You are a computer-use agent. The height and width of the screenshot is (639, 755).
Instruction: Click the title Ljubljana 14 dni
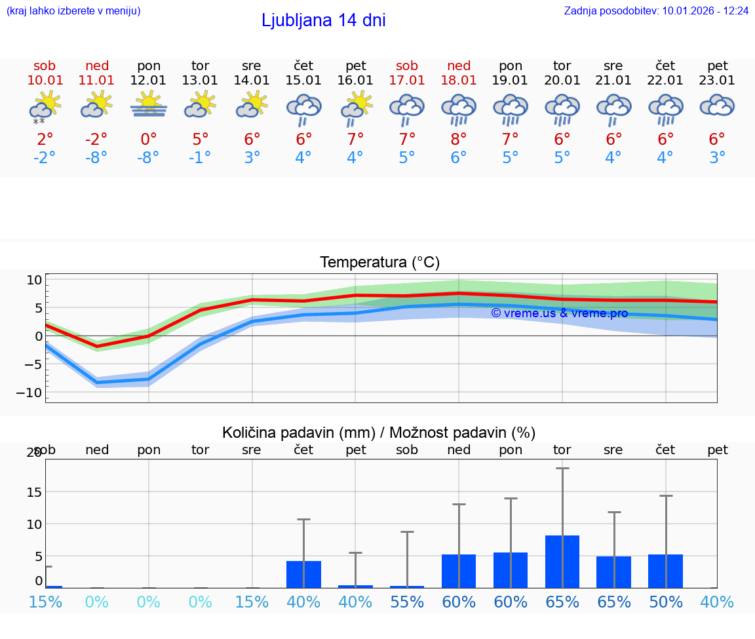pyautogui.click(x=323, y=20)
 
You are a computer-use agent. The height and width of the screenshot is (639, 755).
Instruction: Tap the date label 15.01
pyautogui.click(x=303, y=80)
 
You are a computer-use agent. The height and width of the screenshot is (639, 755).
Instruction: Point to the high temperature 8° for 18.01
pyautogui.click(x=459, y=139)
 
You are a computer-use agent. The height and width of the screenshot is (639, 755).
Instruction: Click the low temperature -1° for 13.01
pyautogui.click(x=201, y=158)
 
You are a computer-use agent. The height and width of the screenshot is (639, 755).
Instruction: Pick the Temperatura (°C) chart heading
pyautogui.click(x=379, y=262)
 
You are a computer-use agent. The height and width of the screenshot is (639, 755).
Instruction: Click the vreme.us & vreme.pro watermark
pyautogui.click(x=559, y=313)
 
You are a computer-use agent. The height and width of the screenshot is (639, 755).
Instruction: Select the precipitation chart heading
pyautogui.click(x=379, y=433)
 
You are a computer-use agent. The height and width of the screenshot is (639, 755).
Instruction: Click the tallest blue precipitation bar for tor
pyautogui.click(x=562, y=562)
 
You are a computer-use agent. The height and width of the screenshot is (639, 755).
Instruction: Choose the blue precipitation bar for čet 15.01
pyautogui.click(x=303, y=574)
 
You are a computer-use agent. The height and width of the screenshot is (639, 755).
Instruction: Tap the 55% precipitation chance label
pyautogui.click(x=407, y=602)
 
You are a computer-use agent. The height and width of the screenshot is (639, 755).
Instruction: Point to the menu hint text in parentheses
pyautogui.click(x=73, y=10)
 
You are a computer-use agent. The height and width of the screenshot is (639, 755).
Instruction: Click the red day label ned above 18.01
pyautogui.click(x=459, y=66)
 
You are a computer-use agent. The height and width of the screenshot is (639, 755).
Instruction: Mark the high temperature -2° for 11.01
pyautogui.click(x=96, y=139)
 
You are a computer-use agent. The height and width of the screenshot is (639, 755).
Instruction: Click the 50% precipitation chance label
pyautogui.click(x=666, y=602)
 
